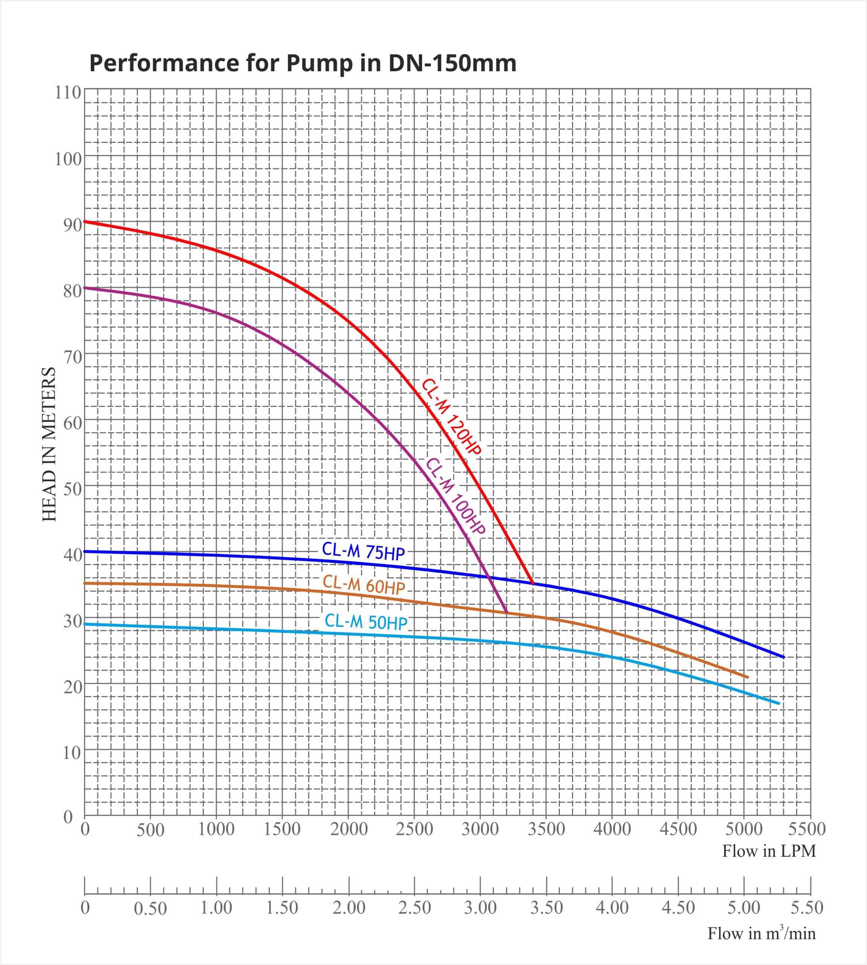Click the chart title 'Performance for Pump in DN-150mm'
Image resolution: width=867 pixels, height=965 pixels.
[303, 63]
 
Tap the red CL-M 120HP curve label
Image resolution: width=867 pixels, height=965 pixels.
[451, 417]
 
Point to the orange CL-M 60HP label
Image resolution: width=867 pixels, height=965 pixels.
[364, 584]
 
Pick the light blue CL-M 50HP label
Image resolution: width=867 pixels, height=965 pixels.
[366, 622]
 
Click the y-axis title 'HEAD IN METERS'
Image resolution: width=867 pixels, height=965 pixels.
[49, 444]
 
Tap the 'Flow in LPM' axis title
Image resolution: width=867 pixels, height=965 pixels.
[769, 851]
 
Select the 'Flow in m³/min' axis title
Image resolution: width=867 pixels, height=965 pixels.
[761, 933]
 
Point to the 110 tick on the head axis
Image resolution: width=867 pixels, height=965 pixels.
[68, 92]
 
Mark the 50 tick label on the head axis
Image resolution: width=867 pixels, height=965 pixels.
[72, 489]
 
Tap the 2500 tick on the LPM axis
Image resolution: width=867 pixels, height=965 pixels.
[414, 829]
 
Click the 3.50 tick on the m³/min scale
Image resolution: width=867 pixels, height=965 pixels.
[546, 907]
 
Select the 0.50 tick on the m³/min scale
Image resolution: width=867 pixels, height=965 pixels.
[150, 908]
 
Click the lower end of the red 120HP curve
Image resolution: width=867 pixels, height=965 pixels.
[532, 583]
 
